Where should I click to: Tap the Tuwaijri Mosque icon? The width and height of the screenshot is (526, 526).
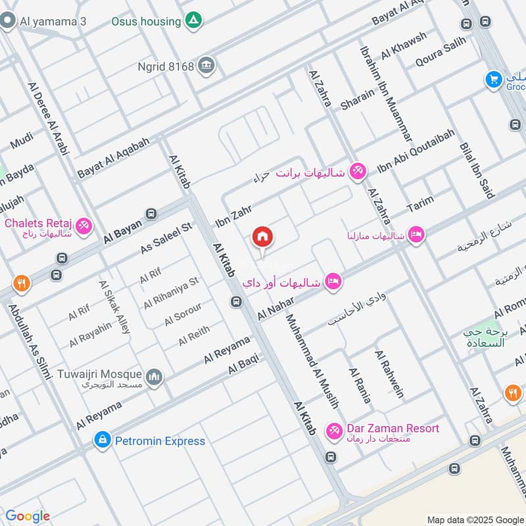coord(155,377)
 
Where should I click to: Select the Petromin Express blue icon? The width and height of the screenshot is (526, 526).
coord(102,440)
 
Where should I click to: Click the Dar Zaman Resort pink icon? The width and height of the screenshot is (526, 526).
coord(334,429)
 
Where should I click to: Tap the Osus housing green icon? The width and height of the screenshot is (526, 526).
coord(193,21)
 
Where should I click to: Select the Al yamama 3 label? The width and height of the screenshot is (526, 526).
coord(53,21)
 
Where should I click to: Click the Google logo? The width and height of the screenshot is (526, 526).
coord(27,516)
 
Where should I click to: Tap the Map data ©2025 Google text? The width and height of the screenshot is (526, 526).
coord(473,518)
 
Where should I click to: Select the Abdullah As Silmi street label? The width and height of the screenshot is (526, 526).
coord(30,343)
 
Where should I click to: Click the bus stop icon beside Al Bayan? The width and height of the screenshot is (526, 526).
coord(152,214)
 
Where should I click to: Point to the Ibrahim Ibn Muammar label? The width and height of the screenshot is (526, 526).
coord(386,93)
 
